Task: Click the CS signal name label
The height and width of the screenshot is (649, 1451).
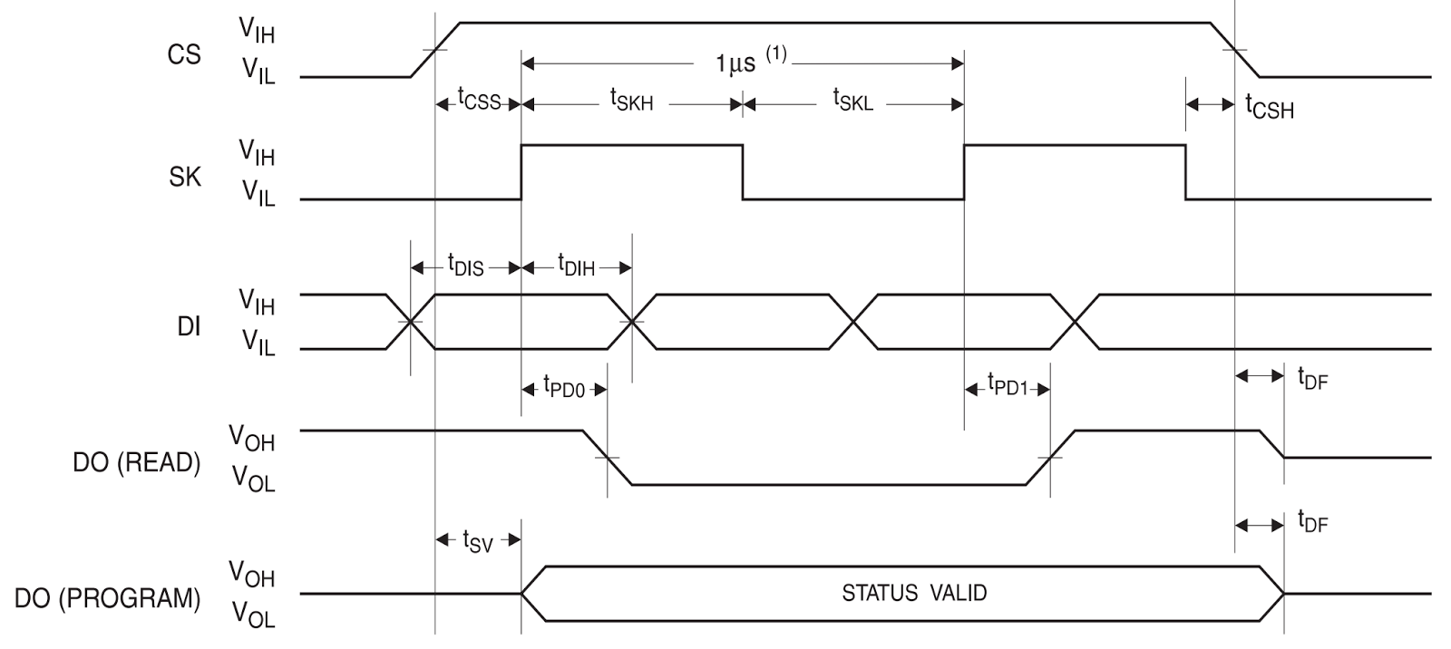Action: pyautogui.click(x=184, y=55)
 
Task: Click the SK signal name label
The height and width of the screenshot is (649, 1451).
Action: pyautogui.click(x=185, y=177)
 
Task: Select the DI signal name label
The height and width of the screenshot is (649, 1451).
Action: pyautogui.click(x=189, y=326)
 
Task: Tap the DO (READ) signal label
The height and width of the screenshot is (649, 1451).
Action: pyautogui.click(x=136, y=462)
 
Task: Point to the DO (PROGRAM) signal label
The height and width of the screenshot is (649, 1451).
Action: pyautogui.click(x=107, y=599)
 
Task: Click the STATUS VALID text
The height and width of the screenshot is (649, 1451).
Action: pyautogui.click(x=914, y=594)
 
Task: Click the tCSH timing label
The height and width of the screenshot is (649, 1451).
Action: pyautogui.click(x=1270, y=108)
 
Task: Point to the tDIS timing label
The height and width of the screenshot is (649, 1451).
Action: pyautogui.click(x=465, y=265)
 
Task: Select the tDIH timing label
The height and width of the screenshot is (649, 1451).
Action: pyautogui.click(x=576, y=265)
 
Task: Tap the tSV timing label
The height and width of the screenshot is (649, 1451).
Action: pyautogui.click(x=477, y=541)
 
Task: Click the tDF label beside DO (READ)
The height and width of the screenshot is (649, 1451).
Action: pyautogui.click(x=1312, y=377)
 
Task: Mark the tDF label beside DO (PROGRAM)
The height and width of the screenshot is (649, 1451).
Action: pyautogui.click(x=1312, y=522)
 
